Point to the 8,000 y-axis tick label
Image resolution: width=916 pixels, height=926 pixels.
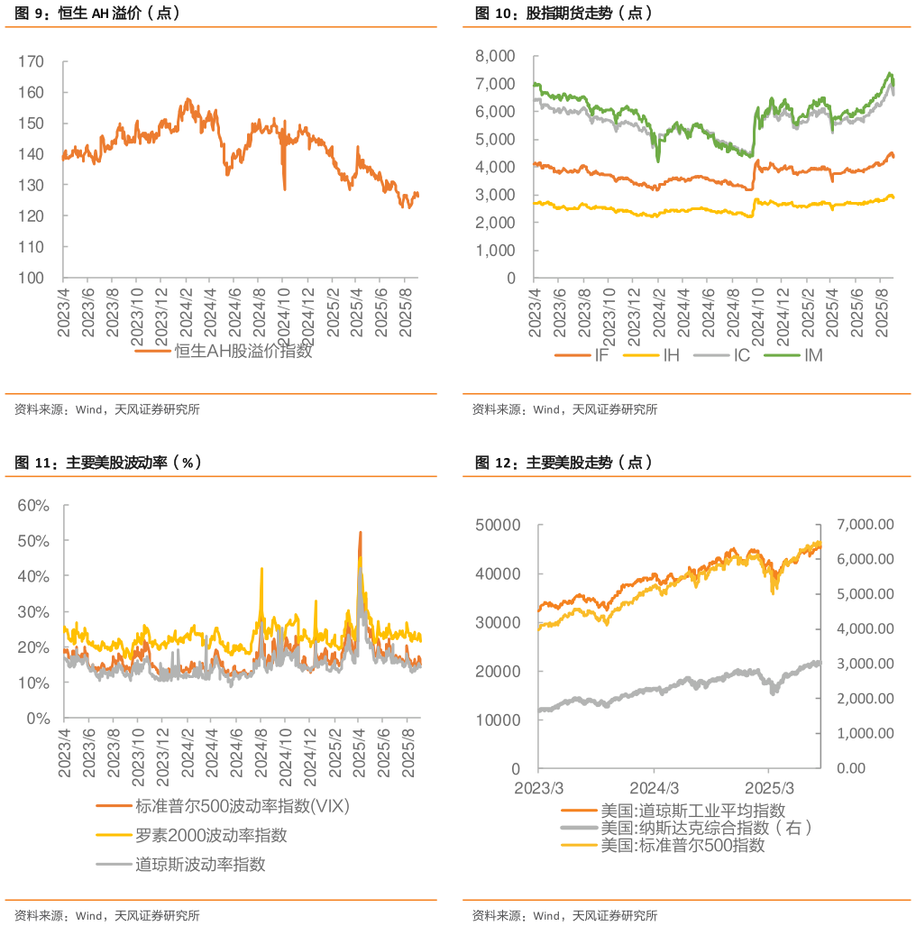pos(493,57)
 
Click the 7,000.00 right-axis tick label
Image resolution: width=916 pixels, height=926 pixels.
pos(866,525)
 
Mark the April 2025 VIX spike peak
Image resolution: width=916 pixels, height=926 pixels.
pos(361,532)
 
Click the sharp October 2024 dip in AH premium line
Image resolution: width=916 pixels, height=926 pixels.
pos(285,188)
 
